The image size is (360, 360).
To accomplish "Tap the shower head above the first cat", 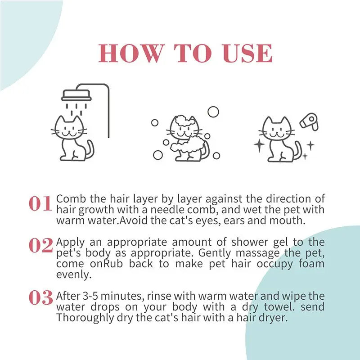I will pos(76,95).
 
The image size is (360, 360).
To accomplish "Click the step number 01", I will pos(40,204).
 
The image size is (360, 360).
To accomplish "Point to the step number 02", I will pos(40,246).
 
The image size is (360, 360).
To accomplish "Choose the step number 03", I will pos(40,298).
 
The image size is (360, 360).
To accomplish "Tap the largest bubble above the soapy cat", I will pos(213,112).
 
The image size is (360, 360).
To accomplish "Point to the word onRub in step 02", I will pos(108,263).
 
